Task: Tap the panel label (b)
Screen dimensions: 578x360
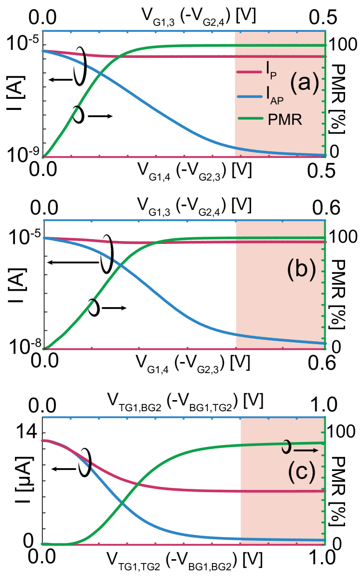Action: coord(301,269)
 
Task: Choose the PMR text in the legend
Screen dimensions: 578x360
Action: coord(285,120)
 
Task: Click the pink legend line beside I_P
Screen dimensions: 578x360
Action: coord(249,72)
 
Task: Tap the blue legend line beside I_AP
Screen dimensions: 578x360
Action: coord(249,96)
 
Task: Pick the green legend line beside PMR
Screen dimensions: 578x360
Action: coord(249,119)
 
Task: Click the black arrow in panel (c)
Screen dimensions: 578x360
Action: coord(306,450)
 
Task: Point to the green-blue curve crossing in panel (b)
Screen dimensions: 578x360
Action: coord(120,265)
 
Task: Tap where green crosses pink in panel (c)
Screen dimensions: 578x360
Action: coord(138,483)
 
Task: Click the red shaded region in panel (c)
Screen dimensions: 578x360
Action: coord(282,506)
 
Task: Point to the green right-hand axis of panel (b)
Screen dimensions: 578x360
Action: coord(326,289)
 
